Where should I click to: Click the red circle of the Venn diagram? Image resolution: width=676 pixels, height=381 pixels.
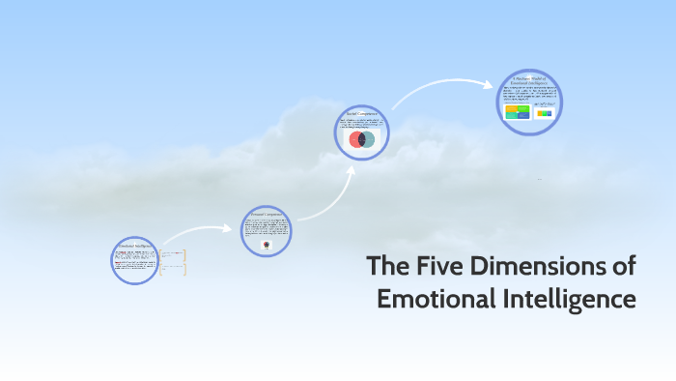(356, 140)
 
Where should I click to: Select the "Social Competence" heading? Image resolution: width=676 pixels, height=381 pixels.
(361, 113)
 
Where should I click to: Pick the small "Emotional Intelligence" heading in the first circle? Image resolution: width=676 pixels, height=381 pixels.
(134, 246)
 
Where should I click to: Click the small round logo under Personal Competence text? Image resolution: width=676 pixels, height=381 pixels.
(266, 246)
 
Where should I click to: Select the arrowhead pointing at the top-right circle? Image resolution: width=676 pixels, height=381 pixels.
(491, 84)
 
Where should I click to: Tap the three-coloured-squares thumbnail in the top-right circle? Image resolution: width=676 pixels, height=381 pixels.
(545, 113)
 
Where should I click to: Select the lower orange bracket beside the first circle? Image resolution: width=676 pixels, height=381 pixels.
(184, 271)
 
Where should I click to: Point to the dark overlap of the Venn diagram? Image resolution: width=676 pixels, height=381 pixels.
(361, 140)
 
